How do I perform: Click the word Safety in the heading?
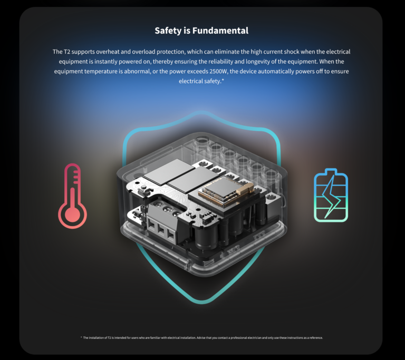(168, 31)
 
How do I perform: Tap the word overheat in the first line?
(111, 52)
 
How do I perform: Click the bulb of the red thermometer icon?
(72, 214)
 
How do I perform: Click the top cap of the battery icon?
(331, 171)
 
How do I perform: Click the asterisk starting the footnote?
(81, 337)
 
